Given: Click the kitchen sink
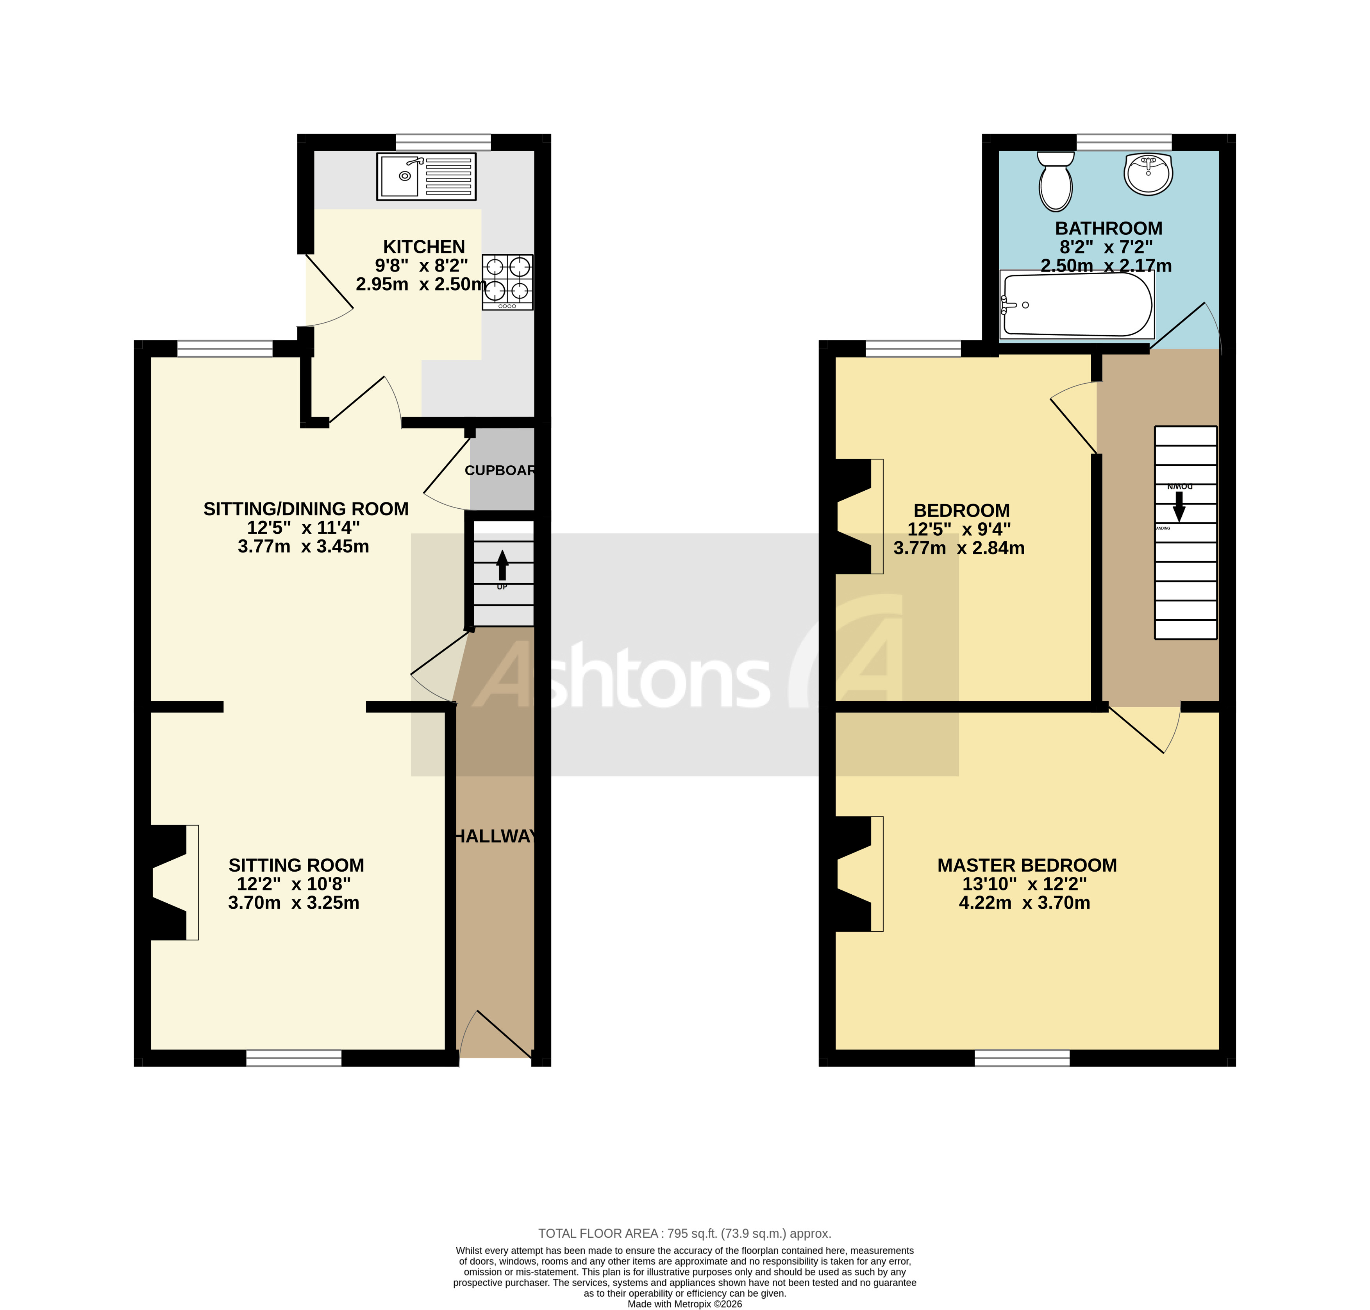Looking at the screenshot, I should coord(425,176).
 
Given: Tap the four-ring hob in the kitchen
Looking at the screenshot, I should coord(507,281).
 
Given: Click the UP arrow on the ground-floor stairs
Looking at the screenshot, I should coord(502,564).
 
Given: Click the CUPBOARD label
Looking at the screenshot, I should coord(500,470).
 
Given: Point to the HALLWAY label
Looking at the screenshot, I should coord(495,836).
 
